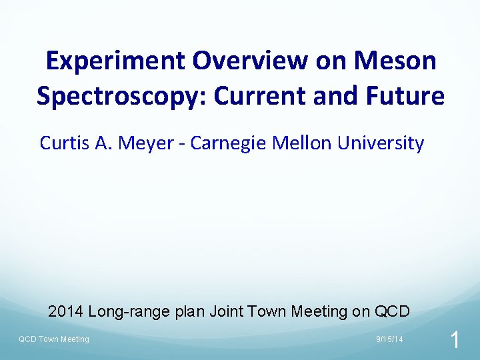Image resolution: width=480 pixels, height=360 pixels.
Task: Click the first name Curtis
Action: pyautogui.click(x=64, y=143)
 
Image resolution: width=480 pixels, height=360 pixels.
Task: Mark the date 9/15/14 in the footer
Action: pyautogui.click(x=389, y=340)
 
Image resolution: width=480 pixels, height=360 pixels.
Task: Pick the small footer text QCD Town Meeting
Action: pyautogui.click(x=53, y=340)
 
